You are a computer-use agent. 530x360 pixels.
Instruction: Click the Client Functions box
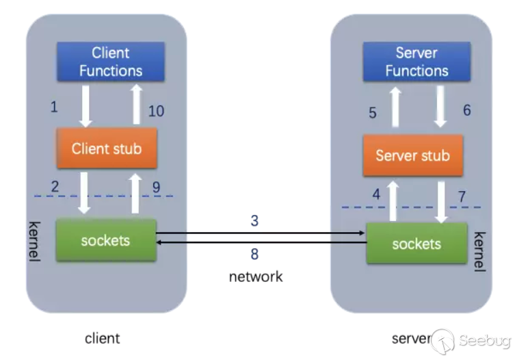tap(111, 62)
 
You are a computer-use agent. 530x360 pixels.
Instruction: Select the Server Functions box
tap(416, 62)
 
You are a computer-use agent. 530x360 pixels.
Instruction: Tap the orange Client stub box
tap(106, 148)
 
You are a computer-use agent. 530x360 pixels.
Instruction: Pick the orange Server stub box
tap(412, 155)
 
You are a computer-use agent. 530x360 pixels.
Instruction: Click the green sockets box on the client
tap(105, 240)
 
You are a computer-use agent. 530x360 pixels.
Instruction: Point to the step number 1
tap(55, 107)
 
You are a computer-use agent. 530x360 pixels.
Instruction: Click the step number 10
tap(156, 111)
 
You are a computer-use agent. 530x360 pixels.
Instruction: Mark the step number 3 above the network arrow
tap(254, 221)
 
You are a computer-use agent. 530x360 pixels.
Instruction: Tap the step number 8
tap(254, 254)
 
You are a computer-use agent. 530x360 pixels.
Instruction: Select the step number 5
tap(373, 113)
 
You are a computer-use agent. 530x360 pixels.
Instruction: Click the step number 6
tap(467, 110)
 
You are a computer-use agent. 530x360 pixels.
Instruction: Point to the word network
tap(255, 277)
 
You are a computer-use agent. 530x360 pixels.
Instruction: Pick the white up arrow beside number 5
tap(395, 107)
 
